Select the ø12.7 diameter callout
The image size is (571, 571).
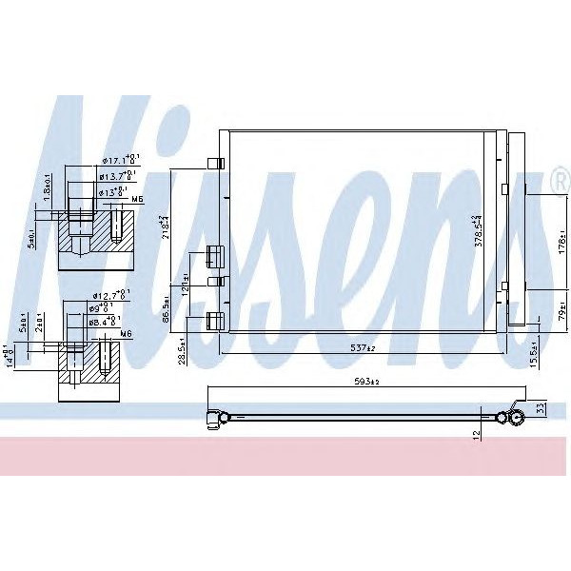pyautogui.click(x=112, y=297)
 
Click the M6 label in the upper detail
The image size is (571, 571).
pyautogui.click(x=136, y=199)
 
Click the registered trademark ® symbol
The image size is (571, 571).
pyautogui.click(x=559, y=180)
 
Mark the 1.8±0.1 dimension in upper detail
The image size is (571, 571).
pyautogui.click(x=46, y=185)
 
